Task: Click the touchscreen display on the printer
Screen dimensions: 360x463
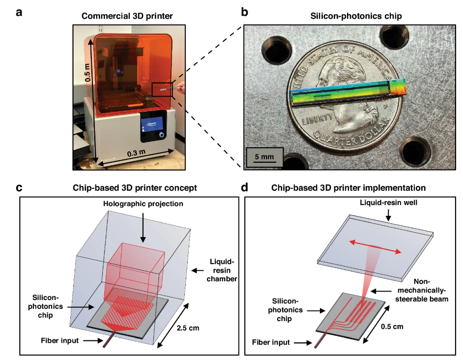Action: [152, 127]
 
